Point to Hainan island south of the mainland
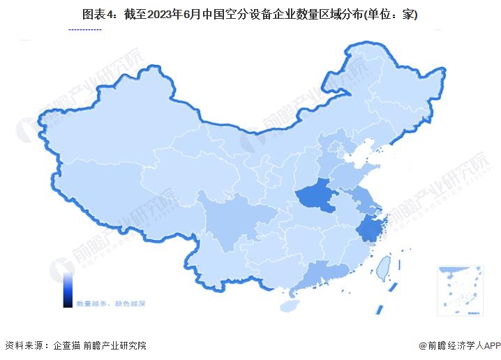(x=287, y=306)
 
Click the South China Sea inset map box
(x=460, y=289)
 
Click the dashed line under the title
(x=84, y=30)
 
